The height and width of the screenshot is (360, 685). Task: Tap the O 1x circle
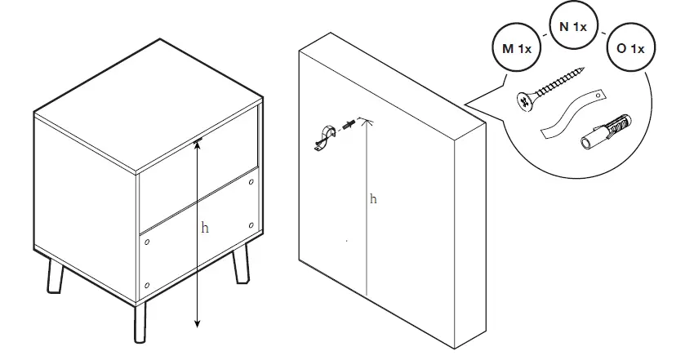pos(630,49)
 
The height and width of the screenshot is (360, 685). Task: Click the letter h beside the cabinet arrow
pos(205,229)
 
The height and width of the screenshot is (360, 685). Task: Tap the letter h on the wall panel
pos(373,198)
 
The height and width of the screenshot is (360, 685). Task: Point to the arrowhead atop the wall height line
pos(367,120)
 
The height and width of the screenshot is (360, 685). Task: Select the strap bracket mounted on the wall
pos(324,139)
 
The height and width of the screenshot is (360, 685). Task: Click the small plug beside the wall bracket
pos(349,126)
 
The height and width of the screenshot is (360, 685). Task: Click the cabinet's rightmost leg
pos(241,265)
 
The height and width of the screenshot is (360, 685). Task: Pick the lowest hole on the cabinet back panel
pos(147,285)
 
